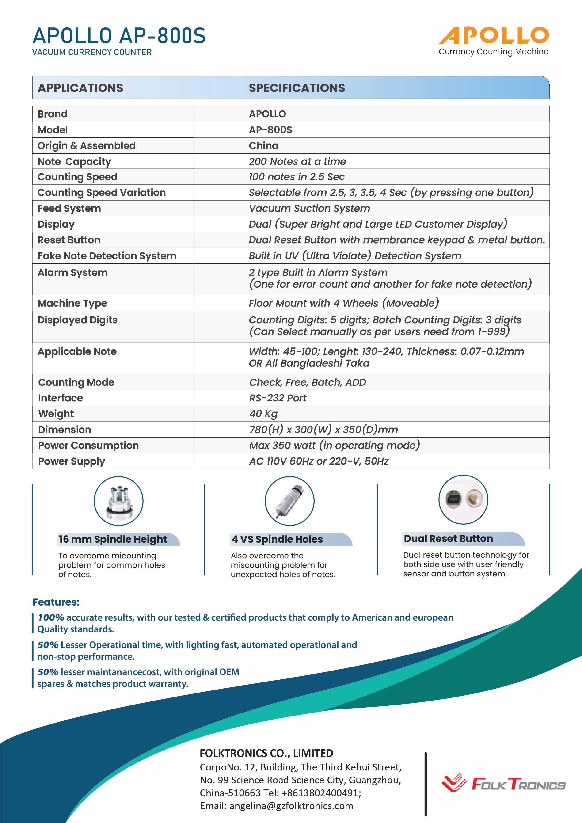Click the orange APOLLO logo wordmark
[x=494, y=35]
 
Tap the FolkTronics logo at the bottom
[x=503, y=784]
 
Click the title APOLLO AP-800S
[x=119, y=36]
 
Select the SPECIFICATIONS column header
[x=297, y=88]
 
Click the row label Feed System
[x=69, y=208]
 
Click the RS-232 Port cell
[x=278, y=398]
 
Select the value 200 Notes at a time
[x=297, y=161]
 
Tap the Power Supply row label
[x=72, y=461]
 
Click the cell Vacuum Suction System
[x=309, y=208]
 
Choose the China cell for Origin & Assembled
[x=263, y=145]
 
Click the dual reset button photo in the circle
[x=463, y=499]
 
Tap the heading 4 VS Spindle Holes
[x=277, y=539]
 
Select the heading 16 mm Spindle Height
[x=113, y=539]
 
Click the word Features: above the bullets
[x=56, y=602]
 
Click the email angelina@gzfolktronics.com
[x=291, y=806]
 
